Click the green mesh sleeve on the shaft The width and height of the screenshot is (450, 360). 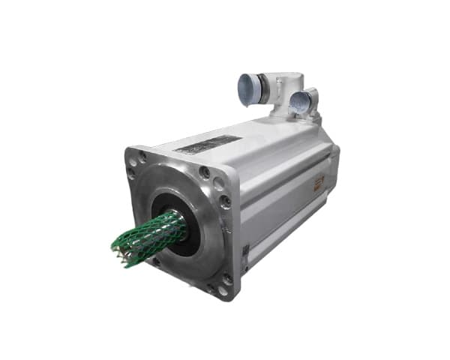point(150,232)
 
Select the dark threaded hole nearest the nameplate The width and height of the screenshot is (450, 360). point(204,172)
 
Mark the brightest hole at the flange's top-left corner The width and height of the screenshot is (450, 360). point(143,157)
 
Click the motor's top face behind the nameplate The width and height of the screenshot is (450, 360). point(262,139)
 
